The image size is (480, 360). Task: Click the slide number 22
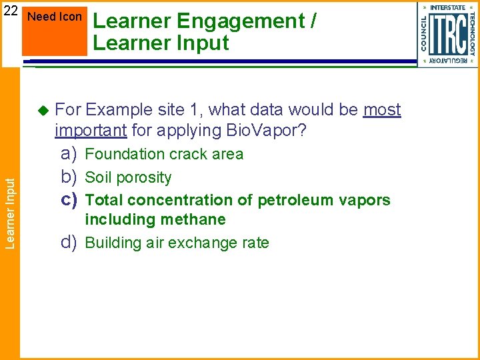pos(9,11)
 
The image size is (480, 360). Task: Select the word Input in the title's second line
pos(203,43)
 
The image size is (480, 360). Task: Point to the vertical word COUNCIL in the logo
pos(424,33)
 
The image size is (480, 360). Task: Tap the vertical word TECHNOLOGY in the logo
pos(472,33)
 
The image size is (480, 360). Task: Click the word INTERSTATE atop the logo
pos(448,8)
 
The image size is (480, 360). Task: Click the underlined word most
pos(382,109)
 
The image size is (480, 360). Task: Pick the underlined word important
pos(91,130)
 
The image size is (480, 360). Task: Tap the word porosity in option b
pos(146,178)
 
